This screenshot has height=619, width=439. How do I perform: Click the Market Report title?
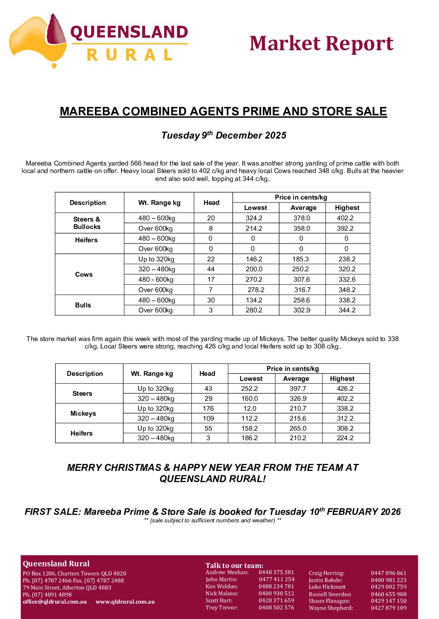(321, 44)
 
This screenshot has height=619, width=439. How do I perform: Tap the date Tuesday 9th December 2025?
(223, 135)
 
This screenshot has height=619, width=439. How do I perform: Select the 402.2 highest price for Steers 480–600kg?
(345, 218)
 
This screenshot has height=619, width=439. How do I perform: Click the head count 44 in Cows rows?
(211, 269)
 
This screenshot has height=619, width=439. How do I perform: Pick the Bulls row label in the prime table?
(83, 305)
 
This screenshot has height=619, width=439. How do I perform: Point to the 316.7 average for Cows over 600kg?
(302, 290)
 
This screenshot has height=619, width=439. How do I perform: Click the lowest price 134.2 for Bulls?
(254, 300)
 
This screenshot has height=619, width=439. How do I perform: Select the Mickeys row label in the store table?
(83, 414)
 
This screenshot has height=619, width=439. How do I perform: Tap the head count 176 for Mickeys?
(208, 409)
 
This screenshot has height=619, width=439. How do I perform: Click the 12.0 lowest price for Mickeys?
(250, 409)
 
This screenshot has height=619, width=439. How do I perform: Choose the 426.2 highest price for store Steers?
(345, 389)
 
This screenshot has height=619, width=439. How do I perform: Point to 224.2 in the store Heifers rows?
(345, 438)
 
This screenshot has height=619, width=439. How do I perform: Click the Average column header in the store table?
(296, 379)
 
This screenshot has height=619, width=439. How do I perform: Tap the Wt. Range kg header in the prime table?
(159, 203)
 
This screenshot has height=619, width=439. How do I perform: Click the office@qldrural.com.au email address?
(55, 602)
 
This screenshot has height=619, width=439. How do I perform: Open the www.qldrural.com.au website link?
(125, 602)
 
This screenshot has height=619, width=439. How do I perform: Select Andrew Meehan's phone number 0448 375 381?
(276, 573)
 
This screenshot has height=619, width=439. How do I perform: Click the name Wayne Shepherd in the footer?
(331, 608)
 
